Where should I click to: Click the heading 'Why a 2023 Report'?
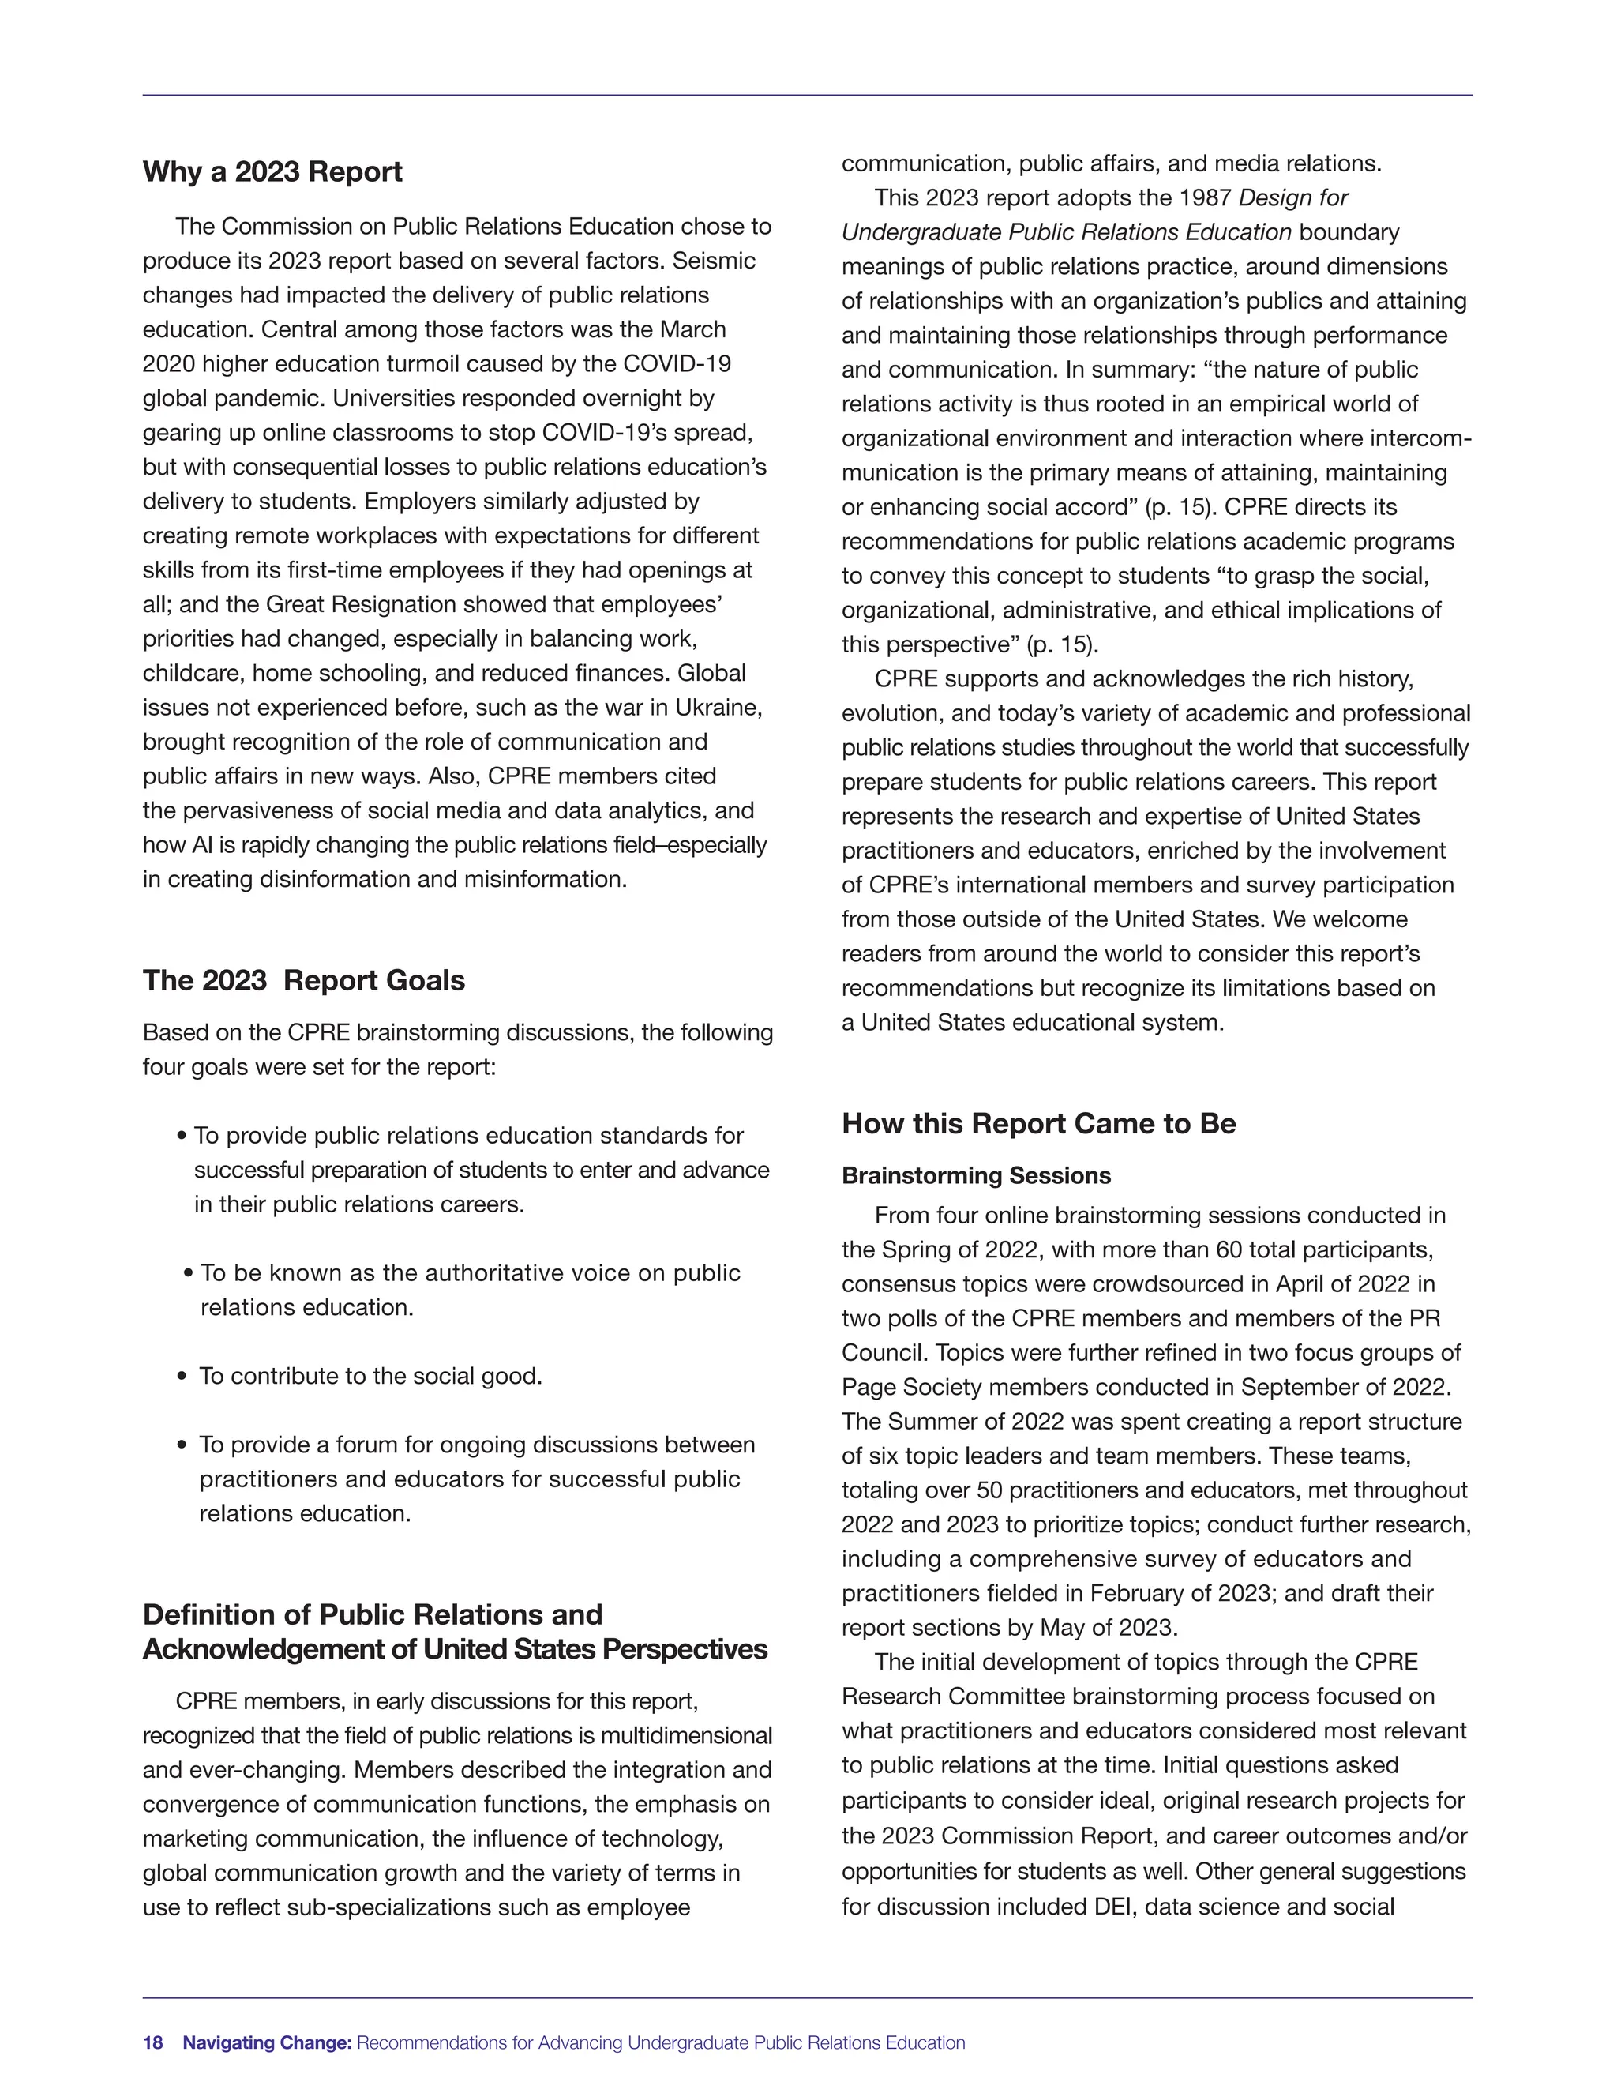[272, 172]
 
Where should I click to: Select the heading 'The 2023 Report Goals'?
[304, 980]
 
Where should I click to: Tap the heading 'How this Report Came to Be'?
[1038, 1123]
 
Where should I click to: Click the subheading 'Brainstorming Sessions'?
[976, 1176]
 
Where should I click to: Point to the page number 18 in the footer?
[153, 2042]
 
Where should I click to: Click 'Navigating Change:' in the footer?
[268, 2042]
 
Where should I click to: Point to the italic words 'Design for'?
[1293, 198]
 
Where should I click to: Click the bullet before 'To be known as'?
[188, 1274]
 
